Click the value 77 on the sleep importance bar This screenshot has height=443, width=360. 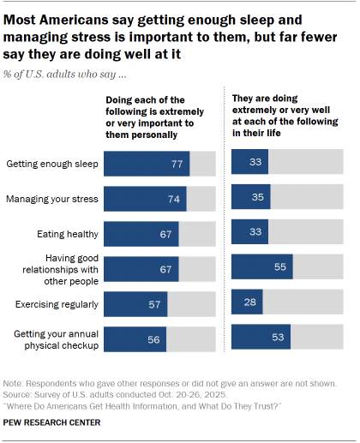coord(178,164)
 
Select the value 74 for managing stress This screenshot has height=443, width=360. coord(176,199)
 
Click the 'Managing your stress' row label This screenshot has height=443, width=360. coord(51,199)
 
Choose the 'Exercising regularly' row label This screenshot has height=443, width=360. coord(54,303)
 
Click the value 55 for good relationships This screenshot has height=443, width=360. coord(280,267)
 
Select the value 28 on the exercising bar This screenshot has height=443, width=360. coord(250,302)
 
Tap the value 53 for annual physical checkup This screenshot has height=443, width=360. coord(279,337)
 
